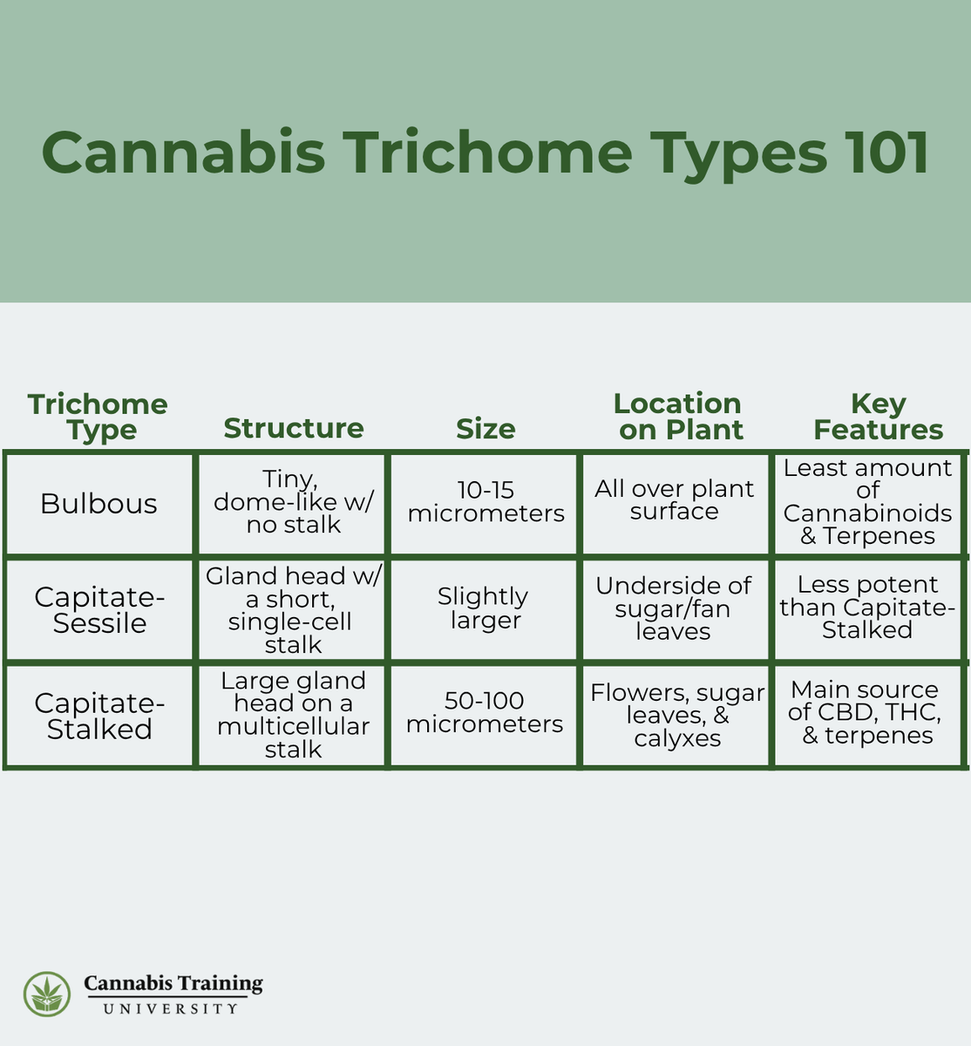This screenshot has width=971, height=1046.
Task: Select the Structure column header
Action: (294, 428)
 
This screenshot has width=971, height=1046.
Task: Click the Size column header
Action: (485, 429)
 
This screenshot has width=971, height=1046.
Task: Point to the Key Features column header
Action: (878, 417)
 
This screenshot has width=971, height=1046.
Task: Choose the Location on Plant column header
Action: (678, 417)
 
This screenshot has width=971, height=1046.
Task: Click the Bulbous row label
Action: (99, 504)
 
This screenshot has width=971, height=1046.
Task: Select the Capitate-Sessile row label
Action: (99, 610)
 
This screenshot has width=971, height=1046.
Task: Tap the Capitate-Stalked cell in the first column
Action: (99, 716)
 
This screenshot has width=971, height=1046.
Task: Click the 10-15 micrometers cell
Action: (485, 502)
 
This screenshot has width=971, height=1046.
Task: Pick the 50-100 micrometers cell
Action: (485, 713)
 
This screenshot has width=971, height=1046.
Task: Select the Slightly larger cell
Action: (484, 608)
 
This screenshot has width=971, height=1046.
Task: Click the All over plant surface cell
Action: (675, 500)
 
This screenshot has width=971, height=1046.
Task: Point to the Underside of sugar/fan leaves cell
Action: (674, 608)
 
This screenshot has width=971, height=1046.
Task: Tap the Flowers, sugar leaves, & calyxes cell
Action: (677, 715)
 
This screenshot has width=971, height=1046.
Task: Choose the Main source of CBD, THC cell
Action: (866, 713)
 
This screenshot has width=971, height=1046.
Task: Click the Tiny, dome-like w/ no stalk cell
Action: (293, 502)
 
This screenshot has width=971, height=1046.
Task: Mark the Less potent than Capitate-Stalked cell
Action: (867, 607)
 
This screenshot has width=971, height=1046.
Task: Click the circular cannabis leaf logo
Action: (47, 995)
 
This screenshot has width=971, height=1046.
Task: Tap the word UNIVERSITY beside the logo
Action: (171, 1009)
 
